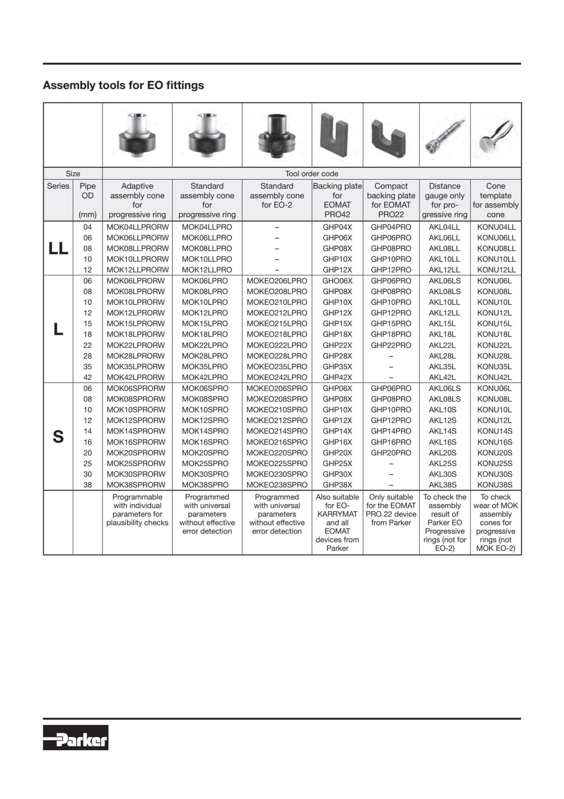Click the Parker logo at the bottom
point(76,737)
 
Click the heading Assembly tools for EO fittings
point(123,85)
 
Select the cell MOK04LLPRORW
point(137,227)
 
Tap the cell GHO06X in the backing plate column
point(337,281)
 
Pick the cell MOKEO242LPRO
point(277,377)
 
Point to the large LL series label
point(58,248)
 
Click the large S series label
point(58,437)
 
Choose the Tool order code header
point(311,174)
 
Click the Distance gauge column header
point(445,200)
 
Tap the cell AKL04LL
point(444,227)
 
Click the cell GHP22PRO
point(391,345)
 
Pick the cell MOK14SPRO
point(207,431)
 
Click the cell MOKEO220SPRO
point(277,453)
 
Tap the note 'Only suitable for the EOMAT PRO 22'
point(391,510)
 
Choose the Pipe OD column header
point(87,200)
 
